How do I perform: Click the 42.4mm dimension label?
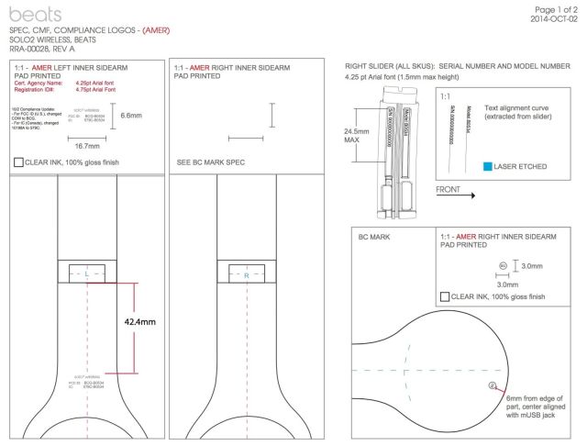click(140, 322)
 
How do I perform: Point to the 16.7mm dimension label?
click(87, 146)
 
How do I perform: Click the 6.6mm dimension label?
click(132, 116)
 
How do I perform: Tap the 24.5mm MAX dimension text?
click(357, 136)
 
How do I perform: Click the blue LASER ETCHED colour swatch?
click(488, 166)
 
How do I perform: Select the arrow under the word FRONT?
click(456, 195)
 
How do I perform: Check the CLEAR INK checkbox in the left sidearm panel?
click(19, 162)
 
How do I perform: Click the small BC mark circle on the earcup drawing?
click(493, 385)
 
